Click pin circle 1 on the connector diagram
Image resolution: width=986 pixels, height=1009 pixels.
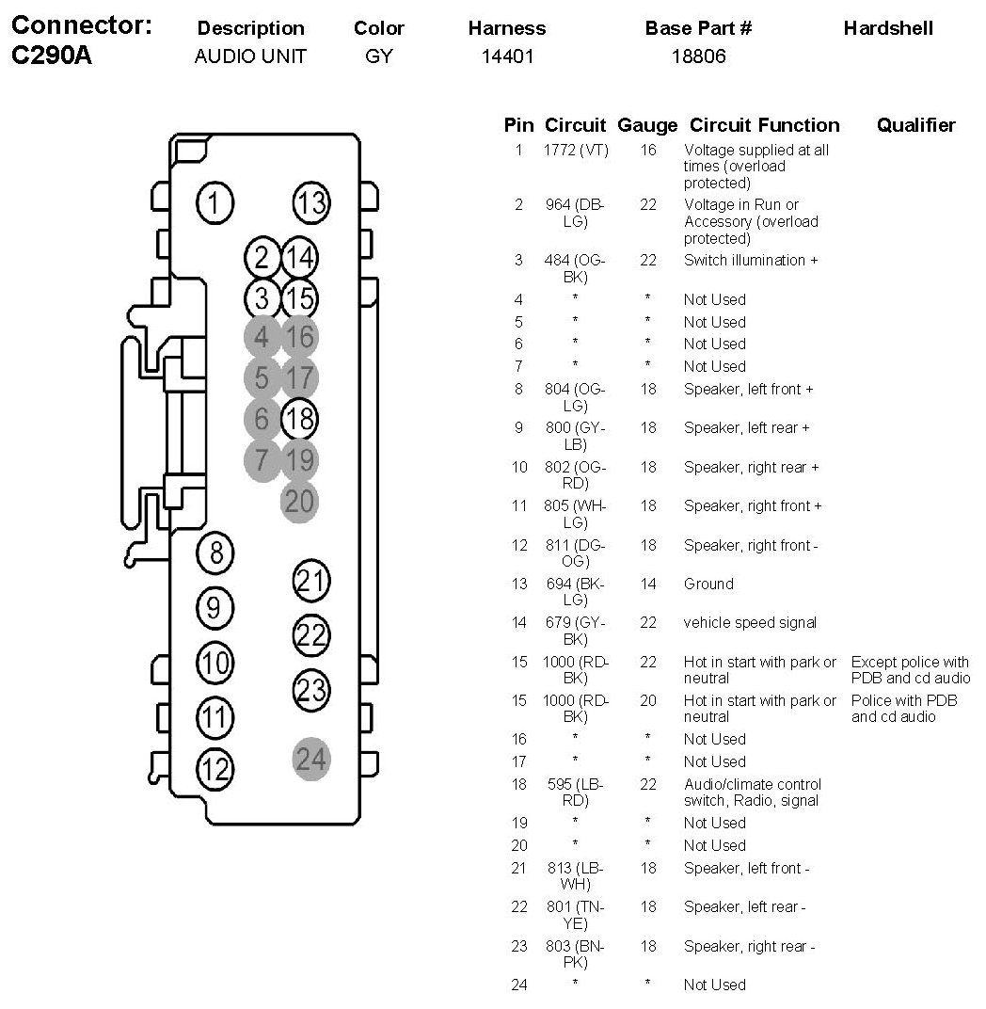click(x=215, y=202)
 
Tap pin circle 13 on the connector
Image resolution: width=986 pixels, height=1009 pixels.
click(x=310, y=202)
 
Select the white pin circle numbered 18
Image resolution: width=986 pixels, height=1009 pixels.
click(x=299, y=418)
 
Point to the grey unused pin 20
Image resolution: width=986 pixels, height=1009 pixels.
click(x=299, y=501)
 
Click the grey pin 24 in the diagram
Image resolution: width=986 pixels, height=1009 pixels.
click(x=311, y=759)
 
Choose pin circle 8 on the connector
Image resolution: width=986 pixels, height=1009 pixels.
click(x=215, y=553)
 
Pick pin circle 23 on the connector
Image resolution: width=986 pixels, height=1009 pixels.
click(x=311, y=690)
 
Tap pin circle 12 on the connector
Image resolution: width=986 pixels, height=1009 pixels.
click(x=215, y=770)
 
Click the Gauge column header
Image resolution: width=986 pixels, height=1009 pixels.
click(x=647, y=125)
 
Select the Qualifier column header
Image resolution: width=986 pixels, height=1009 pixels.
click(x=915, y=125)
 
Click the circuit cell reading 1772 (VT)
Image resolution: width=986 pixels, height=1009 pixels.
click(x=576, y=150)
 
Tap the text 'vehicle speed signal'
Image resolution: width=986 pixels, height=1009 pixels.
click(x=750, y=623)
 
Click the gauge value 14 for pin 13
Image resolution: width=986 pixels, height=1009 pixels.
click(x=648, y=585)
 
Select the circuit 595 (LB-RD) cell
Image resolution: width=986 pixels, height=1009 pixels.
click(x=576, y=793)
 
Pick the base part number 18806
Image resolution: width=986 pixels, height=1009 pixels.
click(x=698, y=56)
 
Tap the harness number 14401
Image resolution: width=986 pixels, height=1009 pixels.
click(x=507, y=56)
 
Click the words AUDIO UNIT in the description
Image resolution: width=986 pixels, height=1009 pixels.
click(x=250, y=56)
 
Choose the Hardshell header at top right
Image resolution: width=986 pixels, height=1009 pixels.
click(x=888, y=28)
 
